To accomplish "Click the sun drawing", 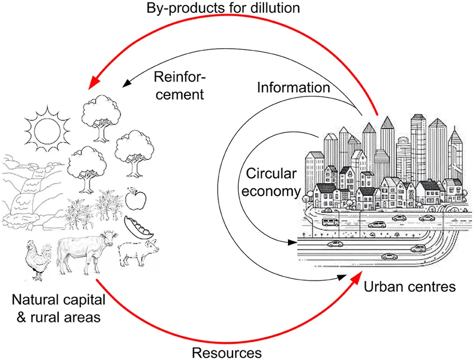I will pyautogui.click(x=47, y=125).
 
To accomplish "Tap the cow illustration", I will pyautogui.click(x=86, y=250).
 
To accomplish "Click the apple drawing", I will pyautogui.click(x=133, y=199).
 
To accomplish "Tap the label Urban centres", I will pyautogui.click(x=409, y=287).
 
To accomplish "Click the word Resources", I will pyautogui.click(x=226, y=353).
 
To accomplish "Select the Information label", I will pyautogui.click(x=293, y=87).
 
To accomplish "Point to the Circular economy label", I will pyautogui.click(x=270, y=182).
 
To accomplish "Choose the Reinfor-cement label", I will pyautogui.click(x=178, y=86).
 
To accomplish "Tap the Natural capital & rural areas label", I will pyautogui.click(x=59, y=308).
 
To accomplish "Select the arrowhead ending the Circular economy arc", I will pyautogui.click(x=292, y=242).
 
